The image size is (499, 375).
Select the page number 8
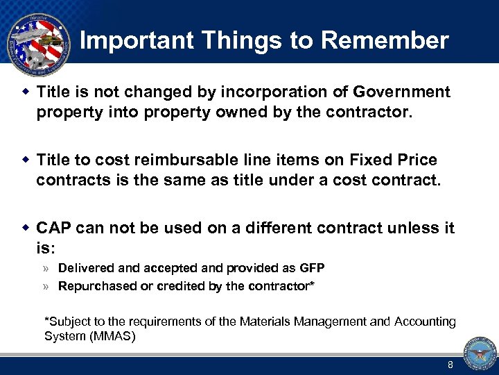[450, 365]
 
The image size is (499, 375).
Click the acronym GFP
[311, 268]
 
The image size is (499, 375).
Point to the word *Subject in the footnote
[66, 322]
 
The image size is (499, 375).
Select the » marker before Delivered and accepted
[46, 268]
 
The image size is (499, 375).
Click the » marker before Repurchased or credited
[46, 286]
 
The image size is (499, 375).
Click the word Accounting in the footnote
[425, 322]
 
